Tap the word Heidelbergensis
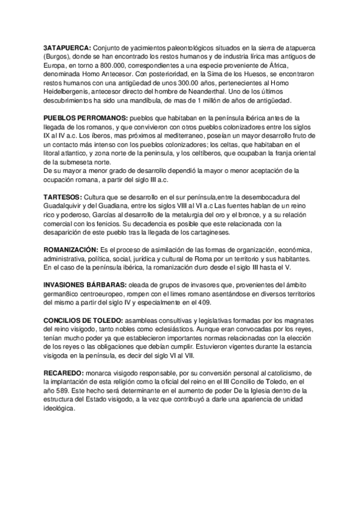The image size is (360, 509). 68,89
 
